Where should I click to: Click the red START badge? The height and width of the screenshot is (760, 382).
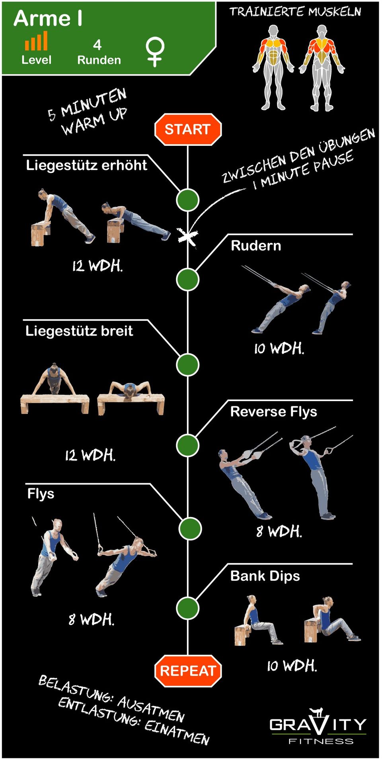pyautogui.click(x=188, y=129)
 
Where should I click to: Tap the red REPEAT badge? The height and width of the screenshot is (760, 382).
pyautogui.click(x=188, y=671)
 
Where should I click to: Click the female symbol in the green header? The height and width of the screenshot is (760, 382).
pyautogui.click(x=155, y=52)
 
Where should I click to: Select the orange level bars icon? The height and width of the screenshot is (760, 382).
pyautogui.click(x=36, y=41)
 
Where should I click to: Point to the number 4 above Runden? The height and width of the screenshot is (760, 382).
pyautogui.click(x=97, y=45)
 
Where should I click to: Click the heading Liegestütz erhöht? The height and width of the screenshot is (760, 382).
pyautogui.click(x=86, y=165)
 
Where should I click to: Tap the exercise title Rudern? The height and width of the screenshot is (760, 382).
pyautogui.click(x=256, y=245)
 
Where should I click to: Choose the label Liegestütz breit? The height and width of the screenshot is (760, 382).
pyautogui.click(x=79, y=331)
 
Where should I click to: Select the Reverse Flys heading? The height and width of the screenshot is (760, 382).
pyautogui.click(x=274, y=411)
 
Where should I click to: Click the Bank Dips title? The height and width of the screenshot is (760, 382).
pyautogui.click(x=265, y=576)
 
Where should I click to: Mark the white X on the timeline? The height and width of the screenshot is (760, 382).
pyautogui.click(x=187, y=237)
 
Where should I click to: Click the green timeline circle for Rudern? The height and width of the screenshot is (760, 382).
pyautogui.click(x=188, y=280)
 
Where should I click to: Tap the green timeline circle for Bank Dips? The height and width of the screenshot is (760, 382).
pyautogui.click(x=188, y=608)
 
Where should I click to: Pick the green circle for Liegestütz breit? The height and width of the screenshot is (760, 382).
pyautogui.click(x=188, y=364)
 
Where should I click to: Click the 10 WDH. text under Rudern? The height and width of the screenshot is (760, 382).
pyautogui.click(x=279, y=348)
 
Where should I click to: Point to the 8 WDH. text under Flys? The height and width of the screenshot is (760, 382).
pyautogui.click(x=92, y=619)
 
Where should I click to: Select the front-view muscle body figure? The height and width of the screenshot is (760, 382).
pyautogui.click(x=273, y=67)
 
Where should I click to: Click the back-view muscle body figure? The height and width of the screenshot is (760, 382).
pyautogui.click(x=322, y=68)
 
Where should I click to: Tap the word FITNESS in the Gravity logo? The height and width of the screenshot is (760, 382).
pyautogui.click(x=321, y=741)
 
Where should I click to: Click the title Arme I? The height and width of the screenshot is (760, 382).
pyautogui.click(x=49, y=18)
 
